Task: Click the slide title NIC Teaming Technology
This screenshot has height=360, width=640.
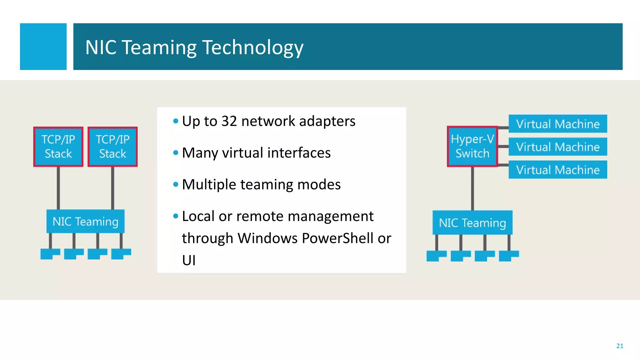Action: (194, 47)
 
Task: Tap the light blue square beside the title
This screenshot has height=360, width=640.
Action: (43, 47)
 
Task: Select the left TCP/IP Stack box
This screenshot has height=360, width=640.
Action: (58, 147)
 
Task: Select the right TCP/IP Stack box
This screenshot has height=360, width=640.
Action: (112, 147)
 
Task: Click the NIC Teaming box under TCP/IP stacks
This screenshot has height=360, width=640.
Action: (85, 221)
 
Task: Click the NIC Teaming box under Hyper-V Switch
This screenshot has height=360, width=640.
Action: (472, 222)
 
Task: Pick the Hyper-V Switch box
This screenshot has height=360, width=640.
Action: (472, 146)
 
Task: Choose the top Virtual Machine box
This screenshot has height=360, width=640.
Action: (558, 124)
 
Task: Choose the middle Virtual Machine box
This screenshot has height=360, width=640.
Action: (558, 147)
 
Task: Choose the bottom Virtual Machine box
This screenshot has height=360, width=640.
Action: (558, 170)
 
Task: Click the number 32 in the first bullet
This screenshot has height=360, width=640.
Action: (229, 121)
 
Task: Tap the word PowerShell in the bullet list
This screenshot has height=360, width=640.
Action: (337, 238)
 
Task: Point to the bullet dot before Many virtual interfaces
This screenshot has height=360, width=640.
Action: (176, 153)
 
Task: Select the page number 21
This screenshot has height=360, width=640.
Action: (619, 346)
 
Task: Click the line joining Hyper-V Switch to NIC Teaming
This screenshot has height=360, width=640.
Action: (472, 188)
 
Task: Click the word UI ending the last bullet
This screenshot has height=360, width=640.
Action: (189, 260)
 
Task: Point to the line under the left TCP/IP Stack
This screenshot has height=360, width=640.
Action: (58, 187)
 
